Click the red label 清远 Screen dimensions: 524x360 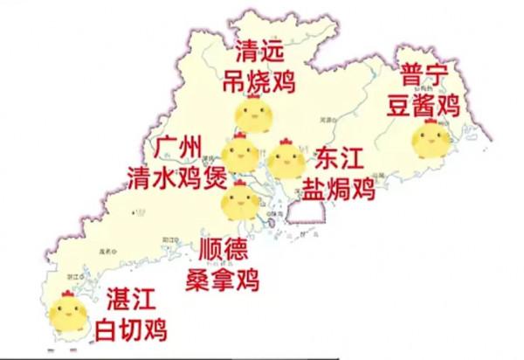pyautogui.click(x=260, y=51)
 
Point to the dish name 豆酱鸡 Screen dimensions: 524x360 pyautogui.click(x=425, y=105)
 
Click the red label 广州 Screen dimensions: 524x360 pyautogui.click(x=183, y=145)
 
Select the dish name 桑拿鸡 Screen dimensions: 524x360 pyautogui.click(x=224, y=280)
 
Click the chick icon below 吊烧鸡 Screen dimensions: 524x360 pyautogui.click(x=254, y=114)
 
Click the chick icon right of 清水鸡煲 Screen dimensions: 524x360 pyautogui.click(x=240, y=154)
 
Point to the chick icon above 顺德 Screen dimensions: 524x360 pyautogui.click(x=240, y=200)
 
